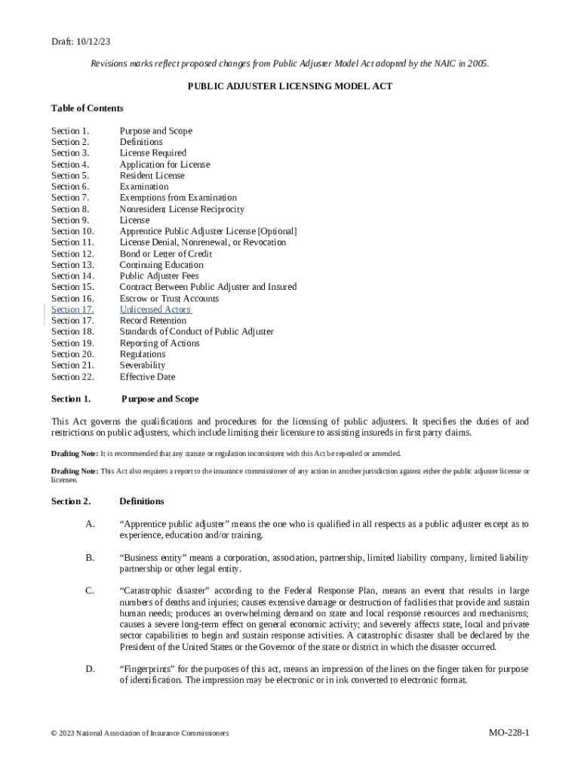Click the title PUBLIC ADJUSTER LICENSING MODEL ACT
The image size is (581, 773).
point(290,86)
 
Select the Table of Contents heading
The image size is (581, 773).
point(87,108)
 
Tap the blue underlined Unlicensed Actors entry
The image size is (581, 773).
point(155,310)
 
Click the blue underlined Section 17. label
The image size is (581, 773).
point(72,310)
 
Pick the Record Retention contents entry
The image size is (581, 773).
point(153,321)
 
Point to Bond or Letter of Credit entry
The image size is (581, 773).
point(165,254)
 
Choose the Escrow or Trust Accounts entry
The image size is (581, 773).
point(169,298)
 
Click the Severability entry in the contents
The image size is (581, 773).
point(142,365)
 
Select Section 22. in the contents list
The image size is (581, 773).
point(72,377)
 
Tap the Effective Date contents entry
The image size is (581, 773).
point(147,377)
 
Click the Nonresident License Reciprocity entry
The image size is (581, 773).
point(182,209)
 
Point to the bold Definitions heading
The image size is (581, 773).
point(142,501)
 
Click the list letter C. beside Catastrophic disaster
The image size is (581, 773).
point(91,590)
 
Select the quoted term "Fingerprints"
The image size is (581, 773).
point(149,669)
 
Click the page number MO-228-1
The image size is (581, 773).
point(509,733)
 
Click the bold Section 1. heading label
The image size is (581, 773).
point(71,399)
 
